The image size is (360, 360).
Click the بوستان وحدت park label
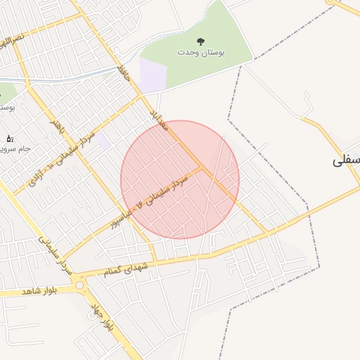(196, 53)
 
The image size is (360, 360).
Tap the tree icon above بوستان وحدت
(196, 41)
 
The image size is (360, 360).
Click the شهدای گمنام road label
(127, 268)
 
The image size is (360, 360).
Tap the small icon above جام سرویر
(9, 139)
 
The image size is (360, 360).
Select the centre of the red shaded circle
(180, 180)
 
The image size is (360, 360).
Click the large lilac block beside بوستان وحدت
(153, 75)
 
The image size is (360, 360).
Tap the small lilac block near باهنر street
(103, 140)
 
